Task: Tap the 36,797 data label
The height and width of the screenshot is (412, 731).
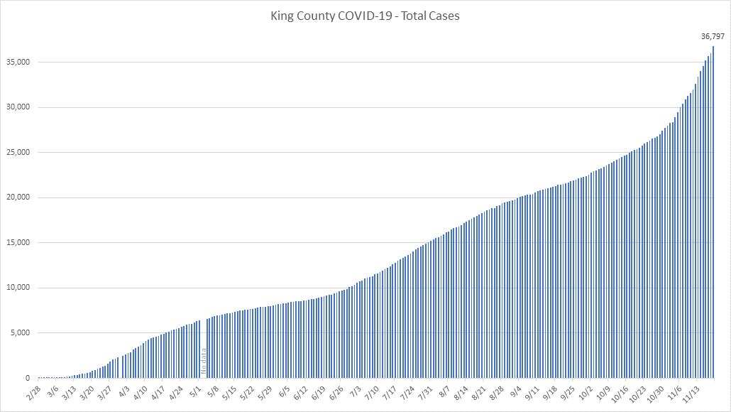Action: click(713, 36)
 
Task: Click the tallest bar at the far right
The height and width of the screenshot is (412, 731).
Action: click(713, 213)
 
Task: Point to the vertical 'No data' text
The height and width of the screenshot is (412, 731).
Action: click(204, 360)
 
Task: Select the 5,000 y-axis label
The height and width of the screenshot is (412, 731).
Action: click(20, 333)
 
